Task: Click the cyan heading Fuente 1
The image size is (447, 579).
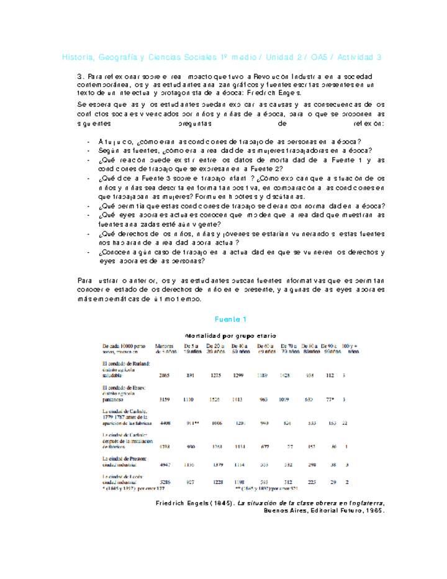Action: click(x=230, y=319)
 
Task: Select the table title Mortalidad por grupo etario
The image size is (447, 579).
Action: click(x=230, y=335)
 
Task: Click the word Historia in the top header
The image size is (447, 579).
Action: click(x=77, y=58)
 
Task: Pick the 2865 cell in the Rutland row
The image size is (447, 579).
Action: click(x=164, y=376)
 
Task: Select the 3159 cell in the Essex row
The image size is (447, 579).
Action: click(x=164, y=399)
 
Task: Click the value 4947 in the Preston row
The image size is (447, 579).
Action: click(x=164, y=464)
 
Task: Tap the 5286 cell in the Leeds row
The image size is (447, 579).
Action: click(x=164, y=482)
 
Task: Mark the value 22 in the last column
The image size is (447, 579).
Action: click(x=345, y=423)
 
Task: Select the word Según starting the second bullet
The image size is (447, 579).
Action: click(x=109, y=150)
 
